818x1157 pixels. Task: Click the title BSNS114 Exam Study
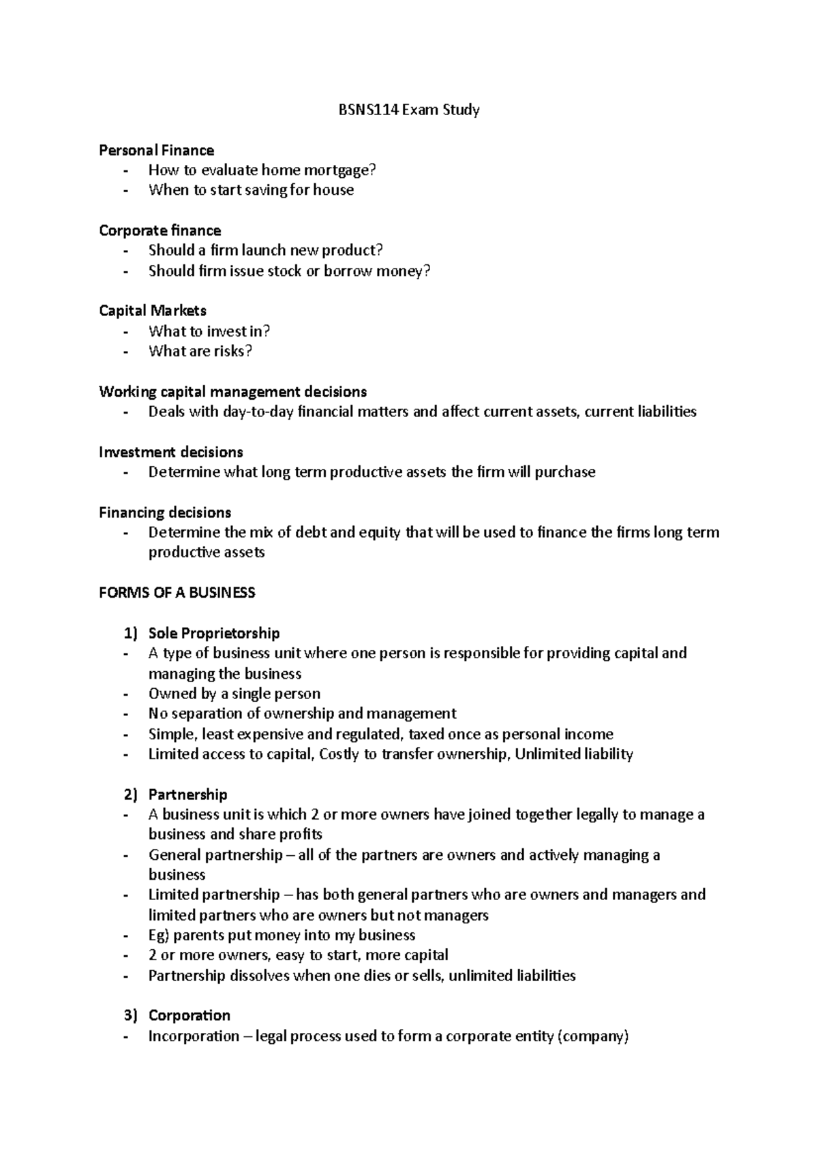(409, 110)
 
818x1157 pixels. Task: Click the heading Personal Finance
(156, 150)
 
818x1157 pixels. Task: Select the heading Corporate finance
(160, 230)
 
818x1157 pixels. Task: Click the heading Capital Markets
(153, 311)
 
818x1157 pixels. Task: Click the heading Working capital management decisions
(232, 392)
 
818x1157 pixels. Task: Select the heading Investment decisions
(170, 452)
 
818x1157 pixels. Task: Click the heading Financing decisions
(165, 512)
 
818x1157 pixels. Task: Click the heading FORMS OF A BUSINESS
(177, 593)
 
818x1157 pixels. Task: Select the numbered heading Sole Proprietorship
(214, 633)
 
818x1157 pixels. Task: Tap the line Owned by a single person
(234, 694)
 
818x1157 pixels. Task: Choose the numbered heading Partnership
(187, 795)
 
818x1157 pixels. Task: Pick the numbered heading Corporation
(189, 1015)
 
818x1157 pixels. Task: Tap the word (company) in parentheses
(592, 1036)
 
